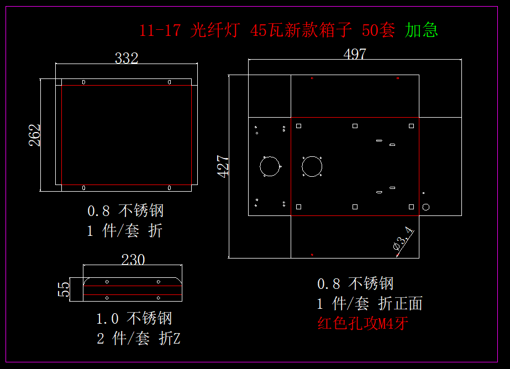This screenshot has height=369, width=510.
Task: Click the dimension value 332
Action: click(x=127, y=58)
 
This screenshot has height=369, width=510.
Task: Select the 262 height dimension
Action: click(x=34, y=135)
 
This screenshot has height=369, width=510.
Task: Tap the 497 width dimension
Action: click(x=355, y=54)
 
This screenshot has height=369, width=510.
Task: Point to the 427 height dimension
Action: click(x=223, y=166)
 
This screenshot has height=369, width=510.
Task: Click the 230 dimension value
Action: click(x=133, y=260)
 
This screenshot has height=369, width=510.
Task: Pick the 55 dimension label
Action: click(x=64, y=289)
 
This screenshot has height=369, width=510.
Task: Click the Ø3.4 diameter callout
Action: click(x=403, y=239)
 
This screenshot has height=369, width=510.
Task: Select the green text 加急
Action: click(x=422, y=30)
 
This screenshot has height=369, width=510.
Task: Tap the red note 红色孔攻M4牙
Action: click(x=362, y=324)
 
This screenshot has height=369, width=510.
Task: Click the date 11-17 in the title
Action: click(x=160, y=30)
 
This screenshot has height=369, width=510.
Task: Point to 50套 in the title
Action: click(x=378, y=30)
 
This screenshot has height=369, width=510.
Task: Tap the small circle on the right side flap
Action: click(x=426, y=207)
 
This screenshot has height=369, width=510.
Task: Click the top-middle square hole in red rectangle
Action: click(x=355, y=126)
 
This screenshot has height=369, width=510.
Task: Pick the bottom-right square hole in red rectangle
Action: click(x=412, y=207)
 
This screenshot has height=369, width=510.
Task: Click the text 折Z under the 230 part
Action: click(x=170, y=338)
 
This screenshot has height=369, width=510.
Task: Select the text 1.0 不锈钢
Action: click(x=134, y=318)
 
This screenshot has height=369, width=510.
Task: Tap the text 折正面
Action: click(x=401, y=303)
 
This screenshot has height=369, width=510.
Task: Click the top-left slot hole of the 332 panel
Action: click(x=83, y=82)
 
